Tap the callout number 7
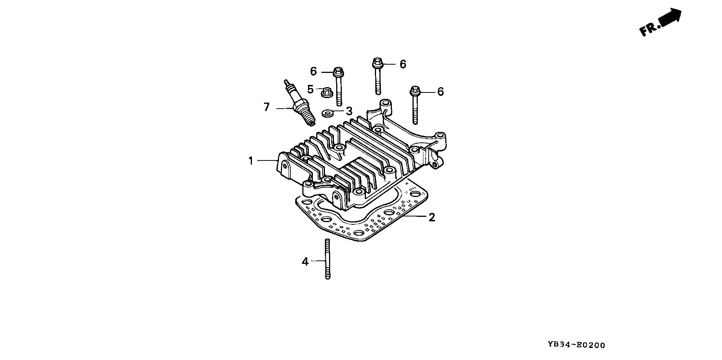click(267, 107)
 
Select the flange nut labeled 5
click(326, 92)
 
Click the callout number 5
click(310, 89)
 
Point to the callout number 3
click(349, 111)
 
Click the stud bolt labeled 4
click(327, 259)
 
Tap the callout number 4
click(305, 262)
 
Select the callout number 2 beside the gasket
click(432, 217)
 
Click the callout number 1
click(251, 161)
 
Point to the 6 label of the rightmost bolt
click(440, 92)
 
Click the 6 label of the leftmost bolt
click(313, 71)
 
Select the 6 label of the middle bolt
click(403, 64)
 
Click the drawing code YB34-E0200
click(576, 345)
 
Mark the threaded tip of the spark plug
click(310, 120)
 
